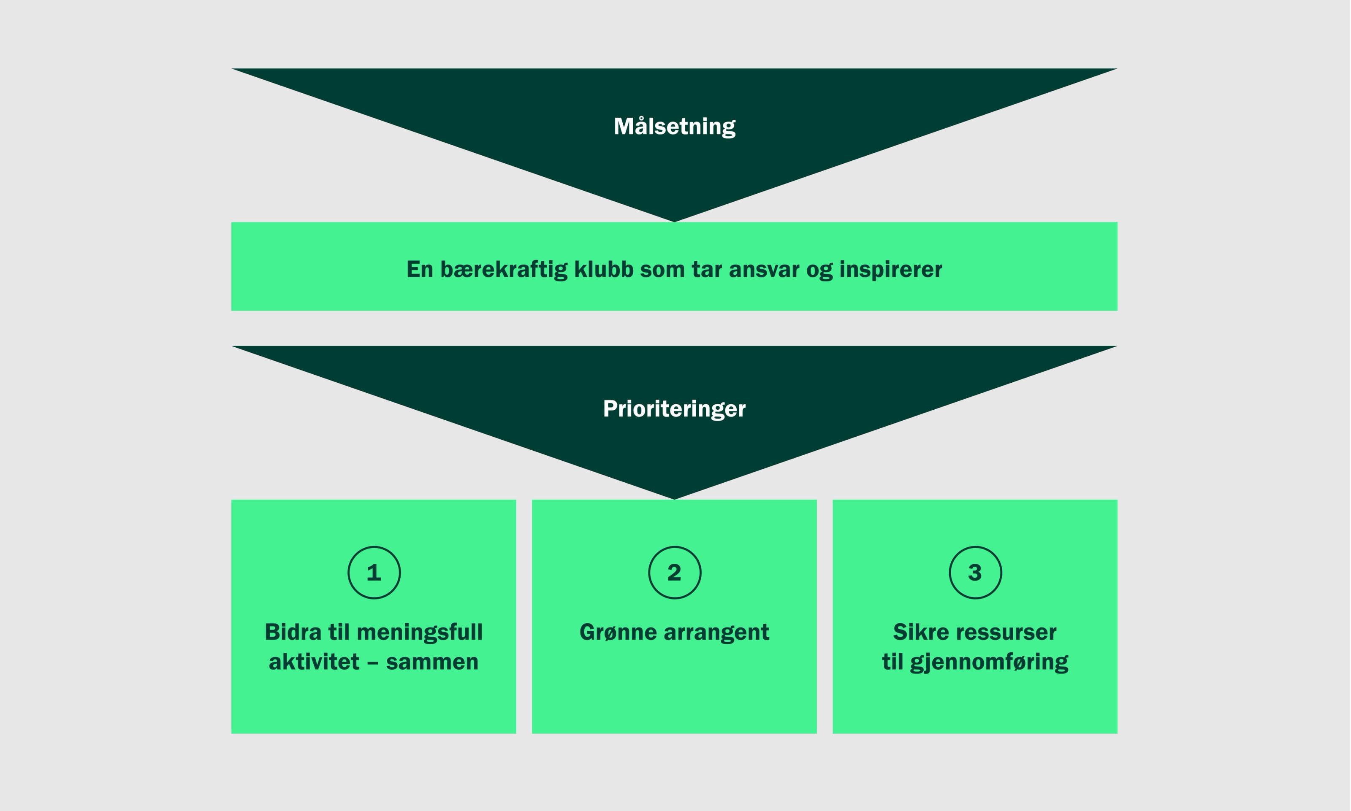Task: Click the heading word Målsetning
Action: (674, 126)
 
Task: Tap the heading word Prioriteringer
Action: (674, 409)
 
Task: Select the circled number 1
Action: (374, 573)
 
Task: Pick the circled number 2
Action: (675, 573)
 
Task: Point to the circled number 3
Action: (975, 573)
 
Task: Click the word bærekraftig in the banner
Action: (504, 270)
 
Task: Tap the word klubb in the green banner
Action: (604, 270)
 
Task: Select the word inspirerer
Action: (891, 270)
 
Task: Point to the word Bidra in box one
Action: (293, 632)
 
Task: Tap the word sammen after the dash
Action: (432, 662)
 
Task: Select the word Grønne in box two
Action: (618, 632)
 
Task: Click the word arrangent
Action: (716, 632)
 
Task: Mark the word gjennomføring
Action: (989, 662)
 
